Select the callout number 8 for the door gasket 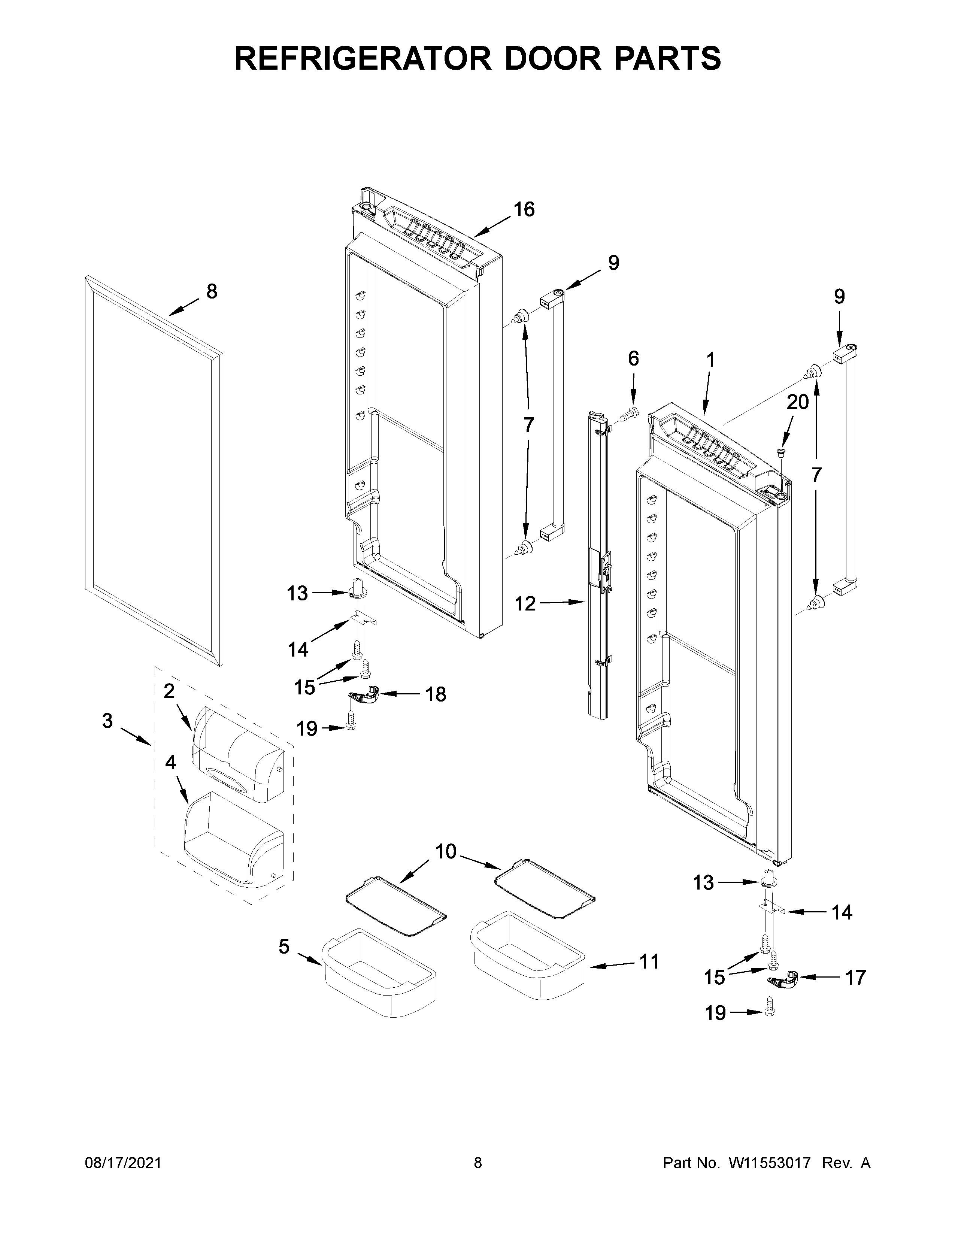tap(211, 292)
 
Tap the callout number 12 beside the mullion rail tap(525, 604)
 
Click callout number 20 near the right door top tap(798, 402)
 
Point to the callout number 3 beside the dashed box tap(107, 721)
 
